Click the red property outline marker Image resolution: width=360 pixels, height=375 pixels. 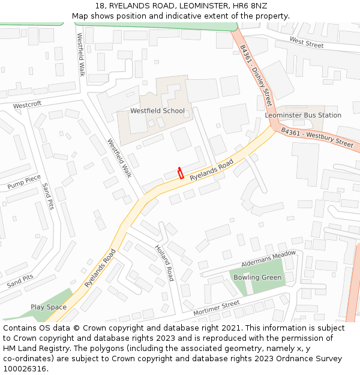click(180, 173)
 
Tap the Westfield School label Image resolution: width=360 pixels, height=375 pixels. click(157, 111)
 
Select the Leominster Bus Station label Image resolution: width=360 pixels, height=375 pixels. click(303, 115)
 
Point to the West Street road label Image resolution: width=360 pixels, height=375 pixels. click(306, 43)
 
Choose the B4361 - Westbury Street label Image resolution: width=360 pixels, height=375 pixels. click(317, 137)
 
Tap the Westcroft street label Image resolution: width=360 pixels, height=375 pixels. click(28, 104)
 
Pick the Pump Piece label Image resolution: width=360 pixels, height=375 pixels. click(24, 182)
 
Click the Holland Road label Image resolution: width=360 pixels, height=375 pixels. click(164, 262)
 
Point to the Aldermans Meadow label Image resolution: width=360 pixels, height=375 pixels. click(268, 259)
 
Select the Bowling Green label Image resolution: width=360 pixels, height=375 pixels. click(257, 278)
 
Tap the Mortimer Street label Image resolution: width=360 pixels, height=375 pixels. click(216, 308)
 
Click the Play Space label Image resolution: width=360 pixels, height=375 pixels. click(49, 307)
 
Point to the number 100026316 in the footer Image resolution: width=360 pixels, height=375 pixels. click(25, 369)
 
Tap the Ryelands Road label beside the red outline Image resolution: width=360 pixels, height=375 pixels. click(211, 171)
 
